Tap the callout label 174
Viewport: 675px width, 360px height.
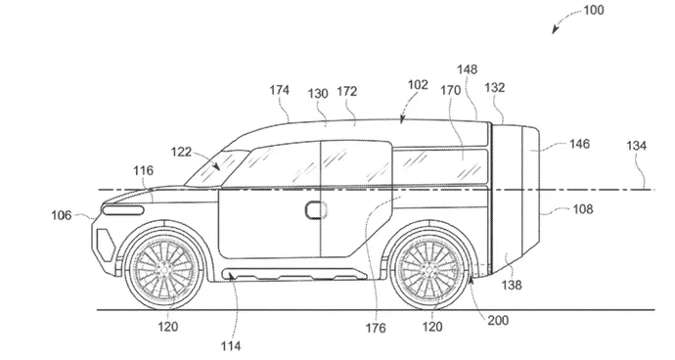(x=280, y=90)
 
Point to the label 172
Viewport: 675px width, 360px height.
(x=346, y=91)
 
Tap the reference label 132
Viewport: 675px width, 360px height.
(x=494, y=88)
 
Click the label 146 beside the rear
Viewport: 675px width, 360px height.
(x=580, y=143)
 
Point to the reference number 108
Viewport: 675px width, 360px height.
(x=581, y=208)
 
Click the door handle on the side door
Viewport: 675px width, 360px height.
(x=317, y=208)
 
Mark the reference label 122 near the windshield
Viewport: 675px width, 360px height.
(x=181, y=152)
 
